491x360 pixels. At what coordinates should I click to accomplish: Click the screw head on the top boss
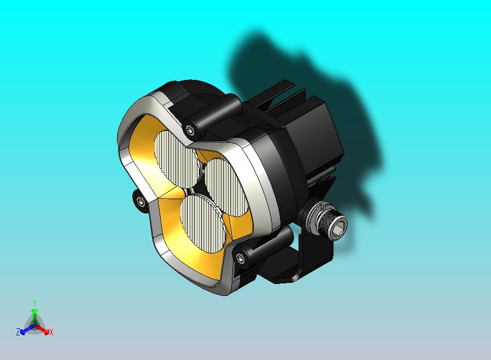(x=190, y=130)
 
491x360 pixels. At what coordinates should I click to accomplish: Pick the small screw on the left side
(x=141, y=202)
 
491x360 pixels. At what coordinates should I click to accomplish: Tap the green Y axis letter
(x=34, y=303)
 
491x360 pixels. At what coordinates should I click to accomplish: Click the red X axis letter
(x=51, y=332)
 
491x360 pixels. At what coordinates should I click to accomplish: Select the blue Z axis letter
(x=18, y=332)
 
